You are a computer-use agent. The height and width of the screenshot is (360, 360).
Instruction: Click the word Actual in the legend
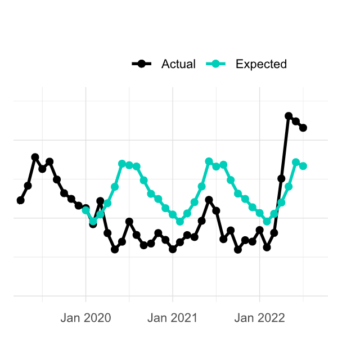tap(178, 64)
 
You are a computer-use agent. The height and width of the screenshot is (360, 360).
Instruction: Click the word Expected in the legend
tap(261, 64)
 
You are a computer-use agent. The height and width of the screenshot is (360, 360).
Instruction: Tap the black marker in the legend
tap(142, 64)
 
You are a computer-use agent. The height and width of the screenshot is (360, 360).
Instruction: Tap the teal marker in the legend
tap(217, 64)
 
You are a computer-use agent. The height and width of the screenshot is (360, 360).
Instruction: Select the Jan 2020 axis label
tap(85, 318)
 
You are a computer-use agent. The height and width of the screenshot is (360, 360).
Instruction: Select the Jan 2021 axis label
tap(173, 318)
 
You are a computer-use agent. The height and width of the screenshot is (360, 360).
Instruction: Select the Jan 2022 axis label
tap(260, 318)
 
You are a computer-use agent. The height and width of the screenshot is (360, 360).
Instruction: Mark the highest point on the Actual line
tap(289, 116)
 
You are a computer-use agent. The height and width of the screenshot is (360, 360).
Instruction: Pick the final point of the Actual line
tap(303, 128)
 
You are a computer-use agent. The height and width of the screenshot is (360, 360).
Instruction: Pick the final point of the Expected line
tap(303, 166)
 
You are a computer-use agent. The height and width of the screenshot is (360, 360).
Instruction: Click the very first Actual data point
tap(21, 200)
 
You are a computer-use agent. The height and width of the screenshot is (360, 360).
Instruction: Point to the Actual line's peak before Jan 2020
tap(35, 157)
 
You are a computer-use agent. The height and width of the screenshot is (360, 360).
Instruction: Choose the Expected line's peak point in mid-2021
tap(209, 161)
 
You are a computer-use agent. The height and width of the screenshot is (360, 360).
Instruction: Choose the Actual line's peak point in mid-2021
tap(209, 200)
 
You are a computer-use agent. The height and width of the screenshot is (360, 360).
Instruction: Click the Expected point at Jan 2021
tap(173, 214)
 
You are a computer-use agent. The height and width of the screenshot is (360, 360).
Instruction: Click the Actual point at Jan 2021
tap(173, 249)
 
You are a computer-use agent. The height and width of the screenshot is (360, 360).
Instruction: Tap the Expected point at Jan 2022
tap(260, 213)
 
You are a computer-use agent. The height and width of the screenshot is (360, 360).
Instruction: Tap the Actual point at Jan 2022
tap(260, 230)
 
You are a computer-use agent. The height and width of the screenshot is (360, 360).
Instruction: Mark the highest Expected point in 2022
tap(296, 163)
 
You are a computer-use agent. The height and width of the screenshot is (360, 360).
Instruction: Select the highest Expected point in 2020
tap(122, 164)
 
